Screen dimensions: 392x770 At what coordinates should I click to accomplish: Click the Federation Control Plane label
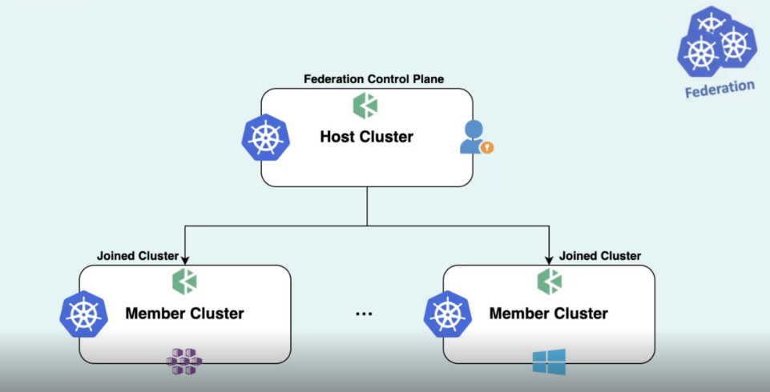[373, 79]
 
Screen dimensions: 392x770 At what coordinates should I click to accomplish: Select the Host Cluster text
[366, 137]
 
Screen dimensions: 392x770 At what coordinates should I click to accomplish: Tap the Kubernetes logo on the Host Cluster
[265, 138]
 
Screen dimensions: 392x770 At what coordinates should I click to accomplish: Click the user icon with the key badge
[475, 138]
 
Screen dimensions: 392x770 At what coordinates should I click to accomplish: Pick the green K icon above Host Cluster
[365, 106]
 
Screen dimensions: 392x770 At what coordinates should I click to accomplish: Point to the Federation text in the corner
[719, 88]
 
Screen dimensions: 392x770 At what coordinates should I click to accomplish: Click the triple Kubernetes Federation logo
[715, 43]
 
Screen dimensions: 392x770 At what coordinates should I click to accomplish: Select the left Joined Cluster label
[137, 256]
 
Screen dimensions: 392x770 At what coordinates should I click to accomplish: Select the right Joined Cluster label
[600, 256]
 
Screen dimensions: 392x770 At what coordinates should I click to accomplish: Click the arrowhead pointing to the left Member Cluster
[185, 259]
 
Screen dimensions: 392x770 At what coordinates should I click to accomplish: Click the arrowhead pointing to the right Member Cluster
[549, 259]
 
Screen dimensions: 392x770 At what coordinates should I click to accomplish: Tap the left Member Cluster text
[184, 314]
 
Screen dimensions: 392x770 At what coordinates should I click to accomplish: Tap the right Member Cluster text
[548, 314]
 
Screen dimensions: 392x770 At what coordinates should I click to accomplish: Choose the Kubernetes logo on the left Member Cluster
[83, 314]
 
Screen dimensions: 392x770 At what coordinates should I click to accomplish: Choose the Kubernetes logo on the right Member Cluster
[447, 314]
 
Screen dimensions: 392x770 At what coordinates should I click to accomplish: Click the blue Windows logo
[549, 362]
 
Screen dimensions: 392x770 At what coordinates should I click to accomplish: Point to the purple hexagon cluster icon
[184, 362]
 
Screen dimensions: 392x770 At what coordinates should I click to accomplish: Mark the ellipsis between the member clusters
[365, 314]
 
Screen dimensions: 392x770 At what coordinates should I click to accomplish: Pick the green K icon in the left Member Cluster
[184, 282]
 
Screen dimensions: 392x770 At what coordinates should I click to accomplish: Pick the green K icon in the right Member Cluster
[549, 282]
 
